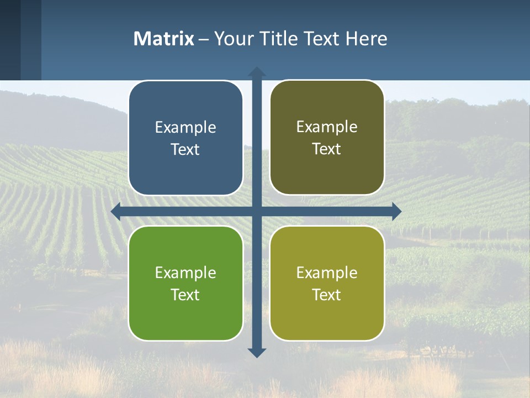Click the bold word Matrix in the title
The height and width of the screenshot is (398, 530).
164,39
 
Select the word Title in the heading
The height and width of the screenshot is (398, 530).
279,39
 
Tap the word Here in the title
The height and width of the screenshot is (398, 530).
367,39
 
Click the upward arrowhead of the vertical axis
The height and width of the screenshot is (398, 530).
257,72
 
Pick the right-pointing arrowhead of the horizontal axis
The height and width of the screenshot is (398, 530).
396,211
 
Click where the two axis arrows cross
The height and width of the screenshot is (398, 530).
257,211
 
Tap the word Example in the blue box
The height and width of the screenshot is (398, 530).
185,128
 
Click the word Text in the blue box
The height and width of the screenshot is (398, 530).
185,150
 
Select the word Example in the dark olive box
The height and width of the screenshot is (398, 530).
327,127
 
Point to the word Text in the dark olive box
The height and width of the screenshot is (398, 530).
327,149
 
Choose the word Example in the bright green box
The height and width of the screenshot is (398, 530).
185,273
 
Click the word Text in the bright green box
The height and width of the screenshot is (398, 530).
185,295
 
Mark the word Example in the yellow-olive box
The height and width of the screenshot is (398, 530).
327,273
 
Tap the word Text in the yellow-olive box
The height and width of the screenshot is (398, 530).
327,295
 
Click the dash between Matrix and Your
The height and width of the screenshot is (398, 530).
204,39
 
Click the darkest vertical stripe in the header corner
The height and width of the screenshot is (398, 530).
10,40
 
